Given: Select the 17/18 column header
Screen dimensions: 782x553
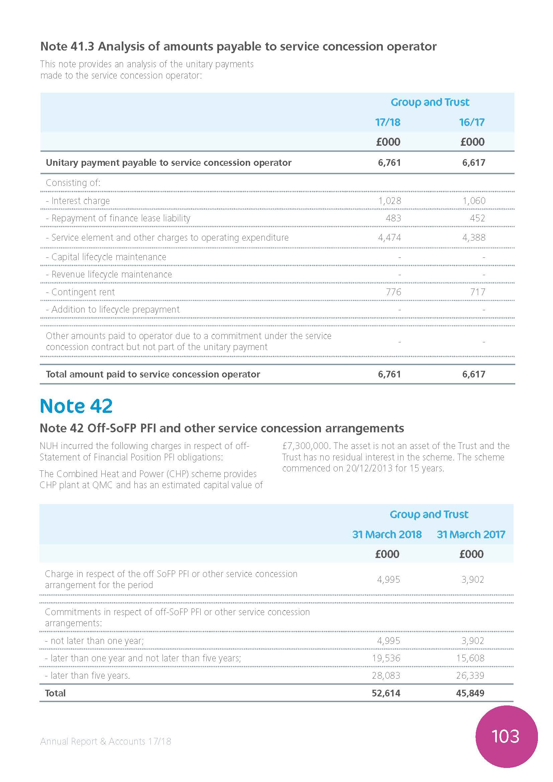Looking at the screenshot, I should click(x=388, y=122).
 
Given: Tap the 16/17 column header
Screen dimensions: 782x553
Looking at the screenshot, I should click(x=472, y=122).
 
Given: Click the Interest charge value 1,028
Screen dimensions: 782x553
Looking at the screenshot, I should click(x=390, y=201).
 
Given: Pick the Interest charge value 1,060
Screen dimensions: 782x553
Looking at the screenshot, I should click(x=474, y=201).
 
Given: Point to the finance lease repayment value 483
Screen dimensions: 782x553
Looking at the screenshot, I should click(x=393, y=218).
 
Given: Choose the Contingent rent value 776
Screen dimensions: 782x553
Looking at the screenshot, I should click(x=393, y=292).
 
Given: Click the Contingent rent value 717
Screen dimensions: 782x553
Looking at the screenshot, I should click(x=477, y=292).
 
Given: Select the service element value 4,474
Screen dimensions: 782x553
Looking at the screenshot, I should click(x=390, y=238).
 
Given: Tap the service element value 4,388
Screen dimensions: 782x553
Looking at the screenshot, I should click(x=474, y=238).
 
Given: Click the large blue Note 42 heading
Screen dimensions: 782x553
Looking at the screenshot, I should click(x=76, y=406).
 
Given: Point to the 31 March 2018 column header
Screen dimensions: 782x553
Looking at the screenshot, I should click(x=387, y=534).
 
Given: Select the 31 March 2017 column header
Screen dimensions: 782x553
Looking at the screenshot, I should click(x=471, y=534).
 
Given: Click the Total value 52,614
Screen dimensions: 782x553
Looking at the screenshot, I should click(x=386, y=693).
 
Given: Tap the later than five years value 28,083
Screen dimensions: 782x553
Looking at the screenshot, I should click(x=386, y=675).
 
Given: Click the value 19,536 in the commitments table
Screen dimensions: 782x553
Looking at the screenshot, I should click(x=386, y=658).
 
